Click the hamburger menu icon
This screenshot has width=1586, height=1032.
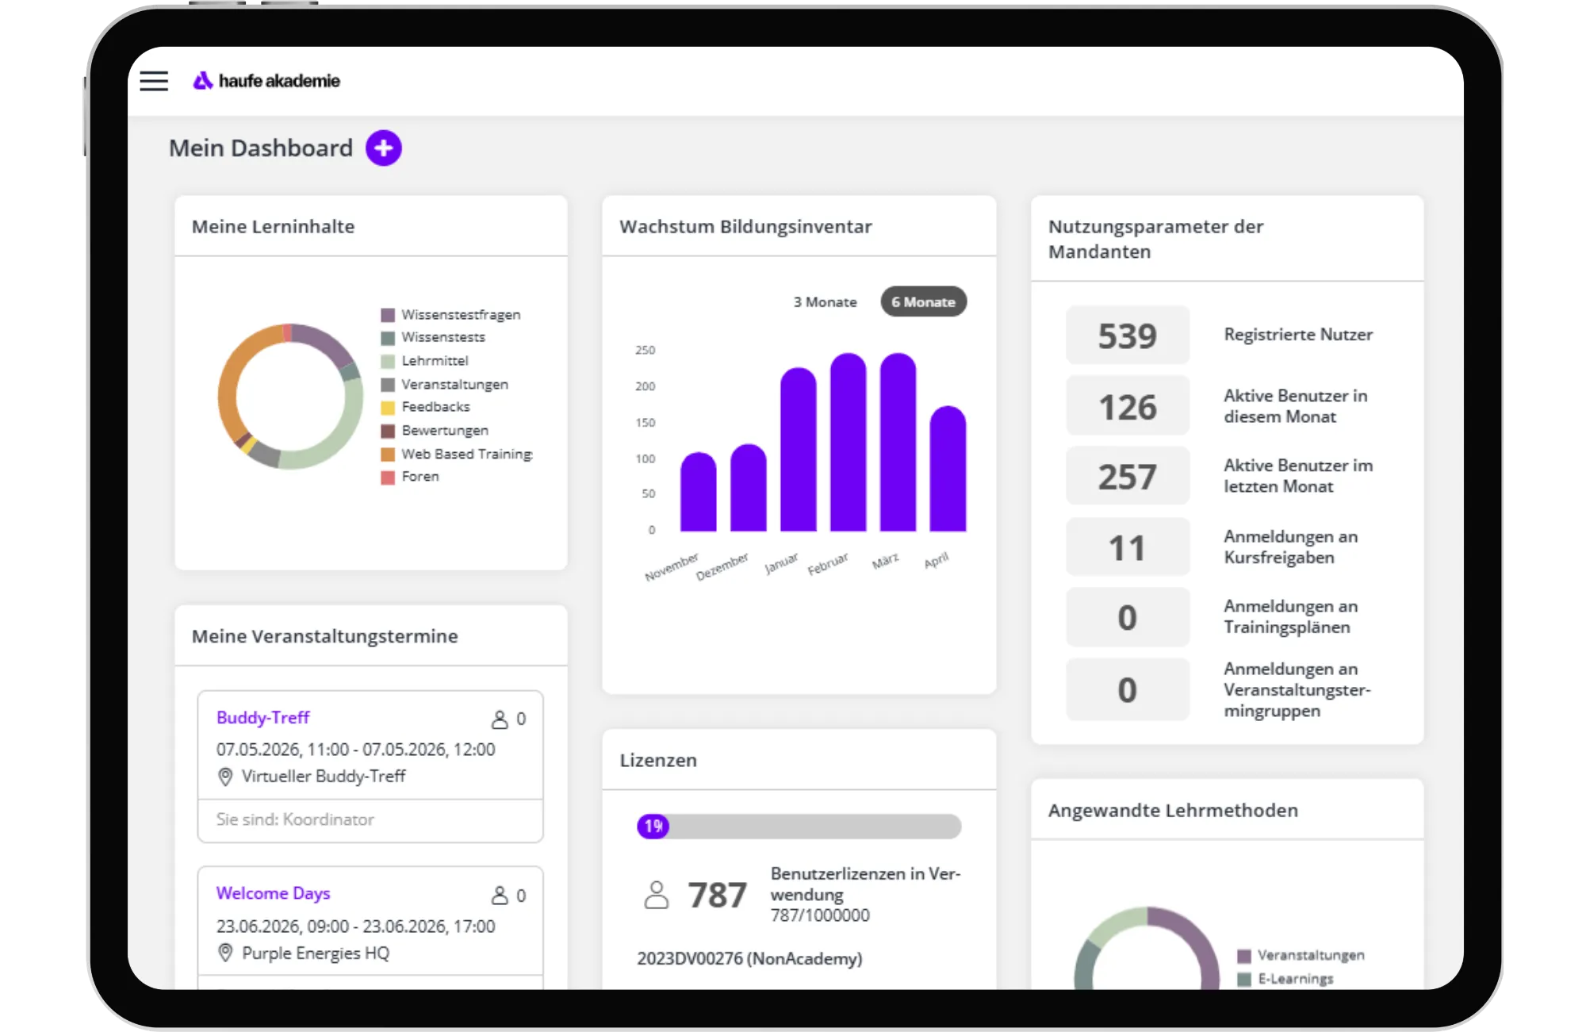click(x=154, y=81)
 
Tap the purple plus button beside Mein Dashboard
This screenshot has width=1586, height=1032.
click(x=384, y=148)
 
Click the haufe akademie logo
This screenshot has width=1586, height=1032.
click(x=266, y=81)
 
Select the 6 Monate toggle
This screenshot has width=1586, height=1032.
click(x=923, y=302)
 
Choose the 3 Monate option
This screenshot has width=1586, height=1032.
click(x=825, y=302)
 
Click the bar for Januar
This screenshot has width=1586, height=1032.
click(x=798, y=449)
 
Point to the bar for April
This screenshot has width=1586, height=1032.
click(x=948, y=468)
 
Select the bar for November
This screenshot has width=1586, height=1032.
click(x=698, y=492)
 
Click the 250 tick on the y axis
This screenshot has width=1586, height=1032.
click(x=646, y=350)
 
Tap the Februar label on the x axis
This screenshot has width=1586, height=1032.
click(x=828, y=564)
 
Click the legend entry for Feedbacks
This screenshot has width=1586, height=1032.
click(x=426, y=407)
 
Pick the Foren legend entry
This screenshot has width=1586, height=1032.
click(x=410, y=477)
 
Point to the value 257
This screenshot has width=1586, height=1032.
click(x=1127, y=477)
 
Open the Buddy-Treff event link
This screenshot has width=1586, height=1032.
click(x=263, y=718)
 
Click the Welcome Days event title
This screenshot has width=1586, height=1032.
click(x=274, y=893)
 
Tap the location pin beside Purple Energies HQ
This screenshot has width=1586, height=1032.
click(x=225, y=953)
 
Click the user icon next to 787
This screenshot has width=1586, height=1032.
click(x=657, y=895)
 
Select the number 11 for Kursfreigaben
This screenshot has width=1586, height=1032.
click(x=1127, y=548)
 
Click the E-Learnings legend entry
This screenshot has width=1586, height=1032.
click(x=1285, y=979)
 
